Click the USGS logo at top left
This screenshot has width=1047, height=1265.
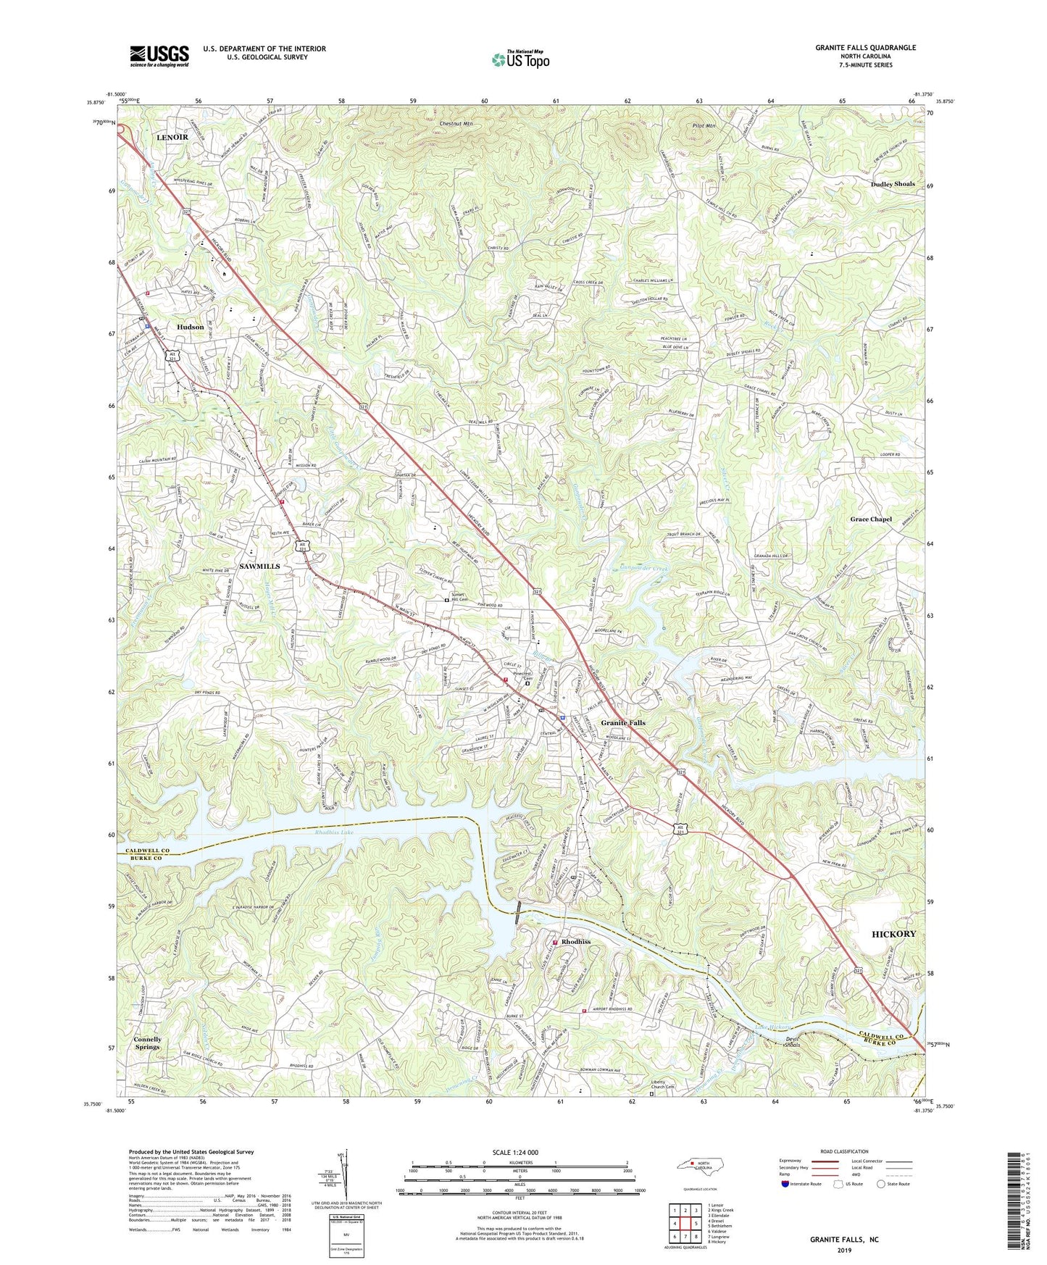[x=159, y=56]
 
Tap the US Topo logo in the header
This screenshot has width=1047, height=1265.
[x=520, y=59]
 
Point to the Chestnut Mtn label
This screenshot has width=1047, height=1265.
[x=456, y=124]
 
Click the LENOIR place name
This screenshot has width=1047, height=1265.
[x=172, y=137]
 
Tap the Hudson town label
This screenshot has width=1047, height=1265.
[x=191, y=327]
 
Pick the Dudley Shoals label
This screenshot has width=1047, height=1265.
[x=893, y=184]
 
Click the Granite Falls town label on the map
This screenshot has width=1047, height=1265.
[x=622, y=723]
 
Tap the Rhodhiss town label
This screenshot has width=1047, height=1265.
[x=576, y=942]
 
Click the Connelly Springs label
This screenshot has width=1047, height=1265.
[x=147, y=1043]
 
